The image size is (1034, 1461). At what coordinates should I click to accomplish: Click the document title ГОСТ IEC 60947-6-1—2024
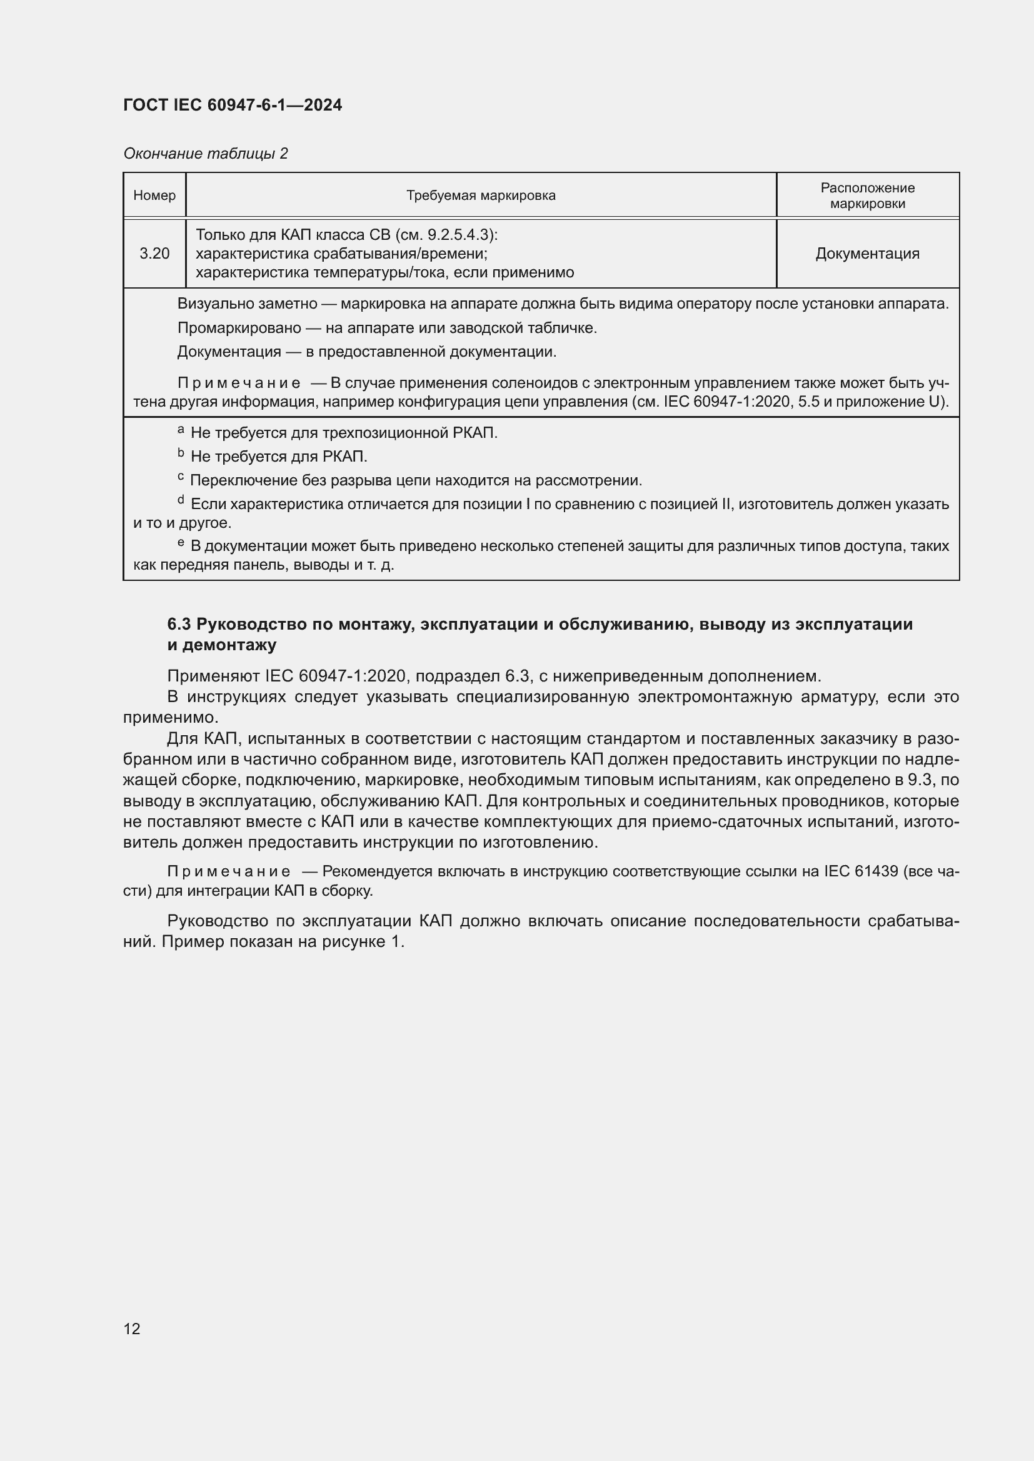tap(233, 105)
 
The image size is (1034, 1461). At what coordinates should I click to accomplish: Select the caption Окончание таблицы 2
tap(206, 154)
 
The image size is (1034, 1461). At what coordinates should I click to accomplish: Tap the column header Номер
tap(154, 196)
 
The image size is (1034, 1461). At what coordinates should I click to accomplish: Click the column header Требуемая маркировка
tap(481, 196)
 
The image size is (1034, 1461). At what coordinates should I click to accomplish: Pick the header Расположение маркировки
tap(867, 196)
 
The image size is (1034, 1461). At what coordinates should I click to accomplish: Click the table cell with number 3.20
tap(154, 254)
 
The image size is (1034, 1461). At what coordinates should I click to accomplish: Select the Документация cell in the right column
tap(867, 254)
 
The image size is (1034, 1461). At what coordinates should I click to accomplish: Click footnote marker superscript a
tap(181, 431)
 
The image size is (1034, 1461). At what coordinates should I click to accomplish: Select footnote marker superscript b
tap(181, 453)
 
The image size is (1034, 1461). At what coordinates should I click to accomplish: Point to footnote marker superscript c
tap(181, 477)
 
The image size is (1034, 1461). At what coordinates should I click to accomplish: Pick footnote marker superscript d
tap(181, 501)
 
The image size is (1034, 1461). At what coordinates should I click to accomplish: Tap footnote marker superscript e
tap(181, 543)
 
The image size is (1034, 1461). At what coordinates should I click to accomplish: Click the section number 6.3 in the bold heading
tap(179, 625)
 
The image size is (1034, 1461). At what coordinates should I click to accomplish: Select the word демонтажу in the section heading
tap(230, 646)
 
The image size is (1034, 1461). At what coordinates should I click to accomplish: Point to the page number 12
tap(132, 1329)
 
